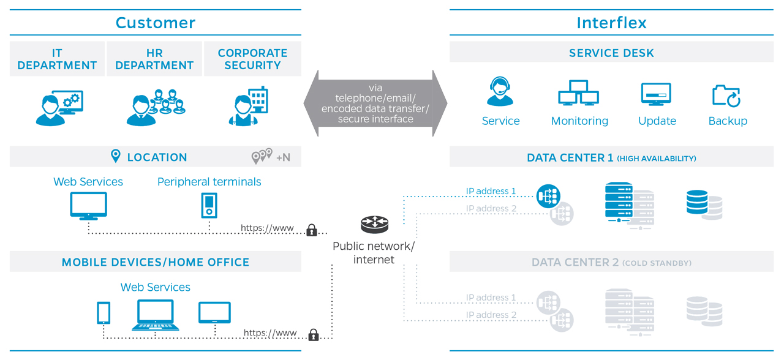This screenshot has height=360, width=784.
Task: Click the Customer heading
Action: tap(156, 23)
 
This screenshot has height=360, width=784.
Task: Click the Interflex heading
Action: tap(611, 23)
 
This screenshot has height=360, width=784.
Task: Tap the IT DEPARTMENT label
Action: tap(57, 59)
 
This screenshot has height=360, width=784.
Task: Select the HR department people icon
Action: tap(155, 107)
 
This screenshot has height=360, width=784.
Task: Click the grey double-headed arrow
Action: tap(375, 103)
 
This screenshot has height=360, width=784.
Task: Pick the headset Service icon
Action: tap(500, 92)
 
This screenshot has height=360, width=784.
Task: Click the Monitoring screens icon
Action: tap(578, 94)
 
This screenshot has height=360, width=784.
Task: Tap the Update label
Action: tap(657, 121)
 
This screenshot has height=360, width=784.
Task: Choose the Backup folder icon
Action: tap(727, 96)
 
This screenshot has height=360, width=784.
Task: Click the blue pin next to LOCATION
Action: tap(116, 157)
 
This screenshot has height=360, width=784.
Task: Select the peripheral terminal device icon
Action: tap(209, 205)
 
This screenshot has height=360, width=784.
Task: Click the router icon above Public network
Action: tap(374, 225)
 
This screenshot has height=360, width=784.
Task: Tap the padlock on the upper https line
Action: tap(312, 230)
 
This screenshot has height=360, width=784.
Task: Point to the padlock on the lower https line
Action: tap(314, 335)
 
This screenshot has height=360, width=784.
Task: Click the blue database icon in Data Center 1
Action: tap(697, 203)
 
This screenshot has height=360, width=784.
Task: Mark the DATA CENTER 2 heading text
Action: tap(575, 263)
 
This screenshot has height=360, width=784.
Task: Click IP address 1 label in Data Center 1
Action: tap(491, 192)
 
